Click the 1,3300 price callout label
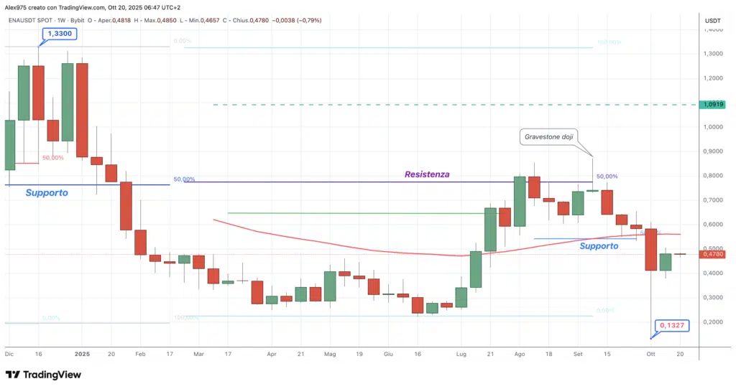pyautogui.click(x=60, y=34)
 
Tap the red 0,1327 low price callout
pyautogui.click(x=676, y=326)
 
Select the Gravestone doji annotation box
pyautogui.click(x=548, y=136)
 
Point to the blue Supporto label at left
pyautogui.click(x=47, y=193)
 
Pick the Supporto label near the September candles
pyautogui.click(x=599, y=245)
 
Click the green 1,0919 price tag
pyautogui.click(x=713, y=105)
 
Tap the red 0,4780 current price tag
pyautogui.click(x=713, y=254)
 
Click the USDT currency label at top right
pyautogui.click(x=713, y=21)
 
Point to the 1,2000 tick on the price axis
pyautogui.click(x=713, y=78)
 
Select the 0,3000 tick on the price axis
pyautogui.click(x=713, y=297)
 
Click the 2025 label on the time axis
pyautogui.click(x=82, y=354)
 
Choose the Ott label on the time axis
pyautogui.click(x=650, y=354)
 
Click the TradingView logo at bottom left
pyautogui.click(x=43, y=375)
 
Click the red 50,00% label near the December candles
pyautogui.click(x=52, y=158)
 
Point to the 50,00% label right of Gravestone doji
pyautogui.click(x=607, y=177)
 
